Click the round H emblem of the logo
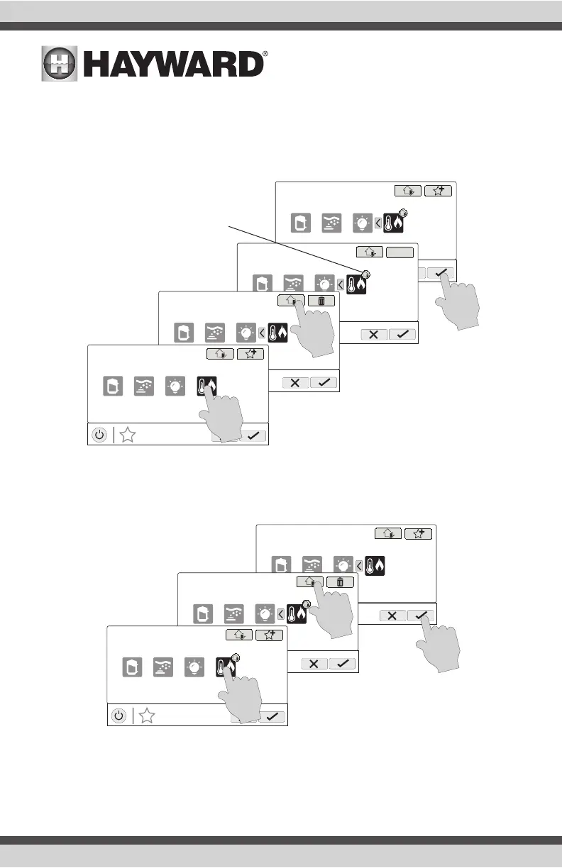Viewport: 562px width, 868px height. [60, 65]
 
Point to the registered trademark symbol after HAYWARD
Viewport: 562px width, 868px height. [265, 54]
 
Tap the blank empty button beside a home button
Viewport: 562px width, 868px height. [399, 252]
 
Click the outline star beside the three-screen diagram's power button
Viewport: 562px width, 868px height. [147, 716]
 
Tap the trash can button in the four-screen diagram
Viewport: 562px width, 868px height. [321, 301]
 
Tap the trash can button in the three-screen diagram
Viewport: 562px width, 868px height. [341, 582]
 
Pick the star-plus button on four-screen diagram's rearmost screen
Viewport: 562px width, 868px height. [437, 191]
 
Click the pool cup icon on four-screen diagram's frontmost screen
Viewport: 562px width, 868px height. [111, 386]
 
